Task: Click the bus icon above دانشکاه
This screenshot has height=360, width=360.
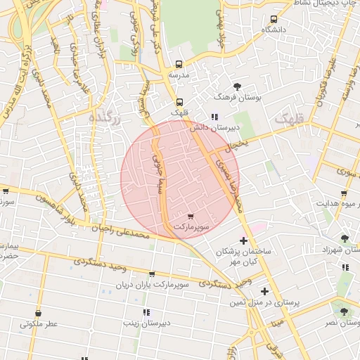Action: point(274,19)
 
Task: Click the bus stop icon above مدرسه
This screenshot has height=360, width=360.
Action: point(179,63)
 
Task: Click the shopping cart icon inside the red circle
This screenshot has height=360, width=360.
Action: point(191,216)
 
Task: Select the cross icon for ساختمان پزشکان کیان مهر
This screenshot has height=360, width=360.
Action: point(243,241)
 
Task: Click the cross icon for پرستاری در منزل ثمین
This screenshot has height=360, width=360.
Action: point(264,291)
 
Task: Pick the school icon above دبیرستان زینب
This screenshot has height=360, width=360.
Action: point(146,312)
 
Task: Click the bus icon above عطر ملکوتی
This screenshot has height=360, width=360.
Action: point(38,314)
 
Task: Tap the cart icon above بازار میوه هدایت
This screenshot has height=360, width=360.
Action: point(343,193)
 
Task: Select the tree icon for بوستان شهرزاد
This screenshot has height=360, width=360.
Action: point(345,238)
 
